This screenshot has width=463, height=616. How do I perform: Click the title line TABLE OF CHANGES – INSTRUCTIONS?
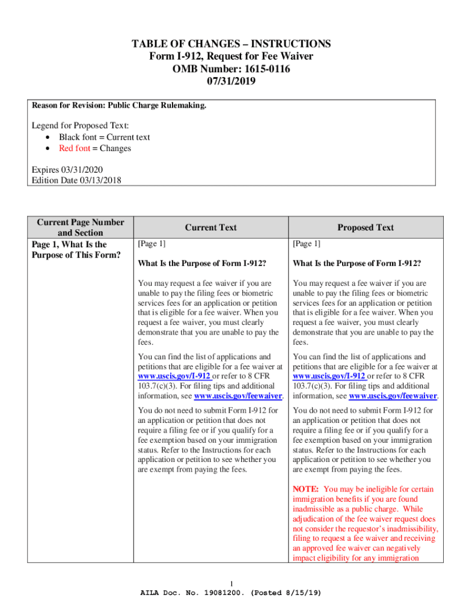pyautogui.click(x=231, y=44)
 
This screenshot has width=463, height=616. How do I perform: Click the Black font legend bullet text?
pyautogui.click(x=104, y=137)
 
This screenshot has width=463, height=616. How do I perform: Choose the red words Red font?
pyautogui.click(x=75, y=149)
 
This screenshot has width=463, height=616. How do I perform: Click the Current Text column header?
pyautogui.click(x=210, y=227)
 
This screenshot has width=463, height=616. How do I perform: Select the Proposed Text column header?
pyautogui.click(x=366, y=227)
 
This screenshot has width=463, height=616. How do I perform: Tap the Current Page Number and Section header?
pyautogui.click(x=81, y=227)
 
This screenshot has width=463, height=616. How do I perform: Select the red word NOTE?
pyautogui.click(x=305, y=490)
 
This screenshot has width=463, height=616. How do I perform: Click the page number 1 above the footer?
pyautogui.click(x=231, y=583)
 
